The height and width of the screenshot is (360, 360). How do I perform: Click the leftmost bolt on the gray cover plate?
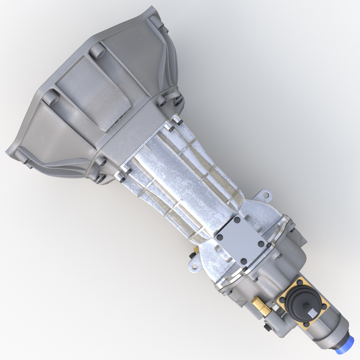point(219,237)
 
